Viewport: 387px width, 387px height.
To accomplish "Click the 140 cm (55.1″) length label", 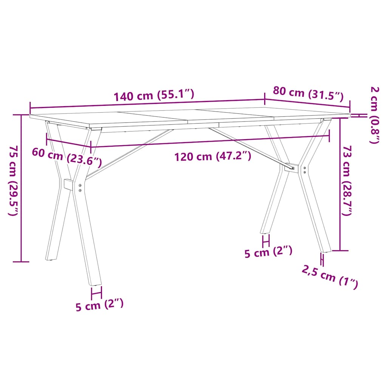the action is pos(154,95).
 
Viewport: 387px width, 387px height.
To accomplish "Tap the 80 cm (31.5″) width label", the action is pos(308,94).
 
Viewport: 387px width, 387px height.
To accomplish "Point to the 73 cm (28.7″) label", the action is pos(347,180).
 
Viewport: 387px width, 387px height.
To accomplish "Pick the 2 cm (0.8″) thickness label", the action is pos(375,115).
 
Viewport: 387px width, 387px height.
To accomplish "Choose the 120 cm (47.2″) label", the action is pos(213,156).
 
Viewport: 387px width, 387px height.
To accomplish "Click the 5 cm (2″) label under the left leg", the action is pos(99,305).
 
